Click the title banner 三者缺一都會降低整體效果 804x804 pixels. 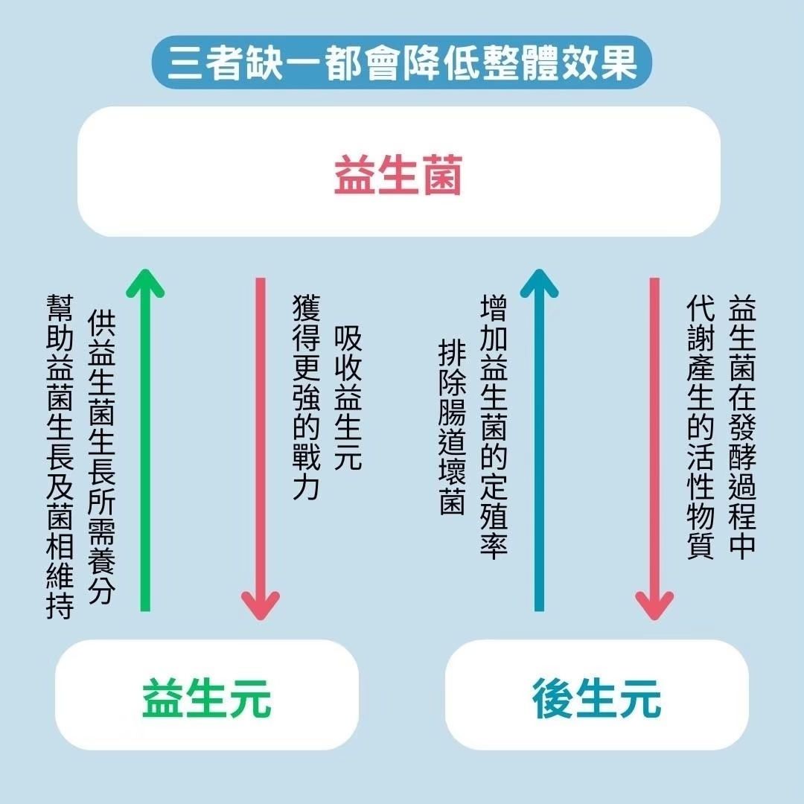click(x=402, y=63)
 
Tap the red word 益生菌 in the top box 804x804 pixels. click(x=398, y=176)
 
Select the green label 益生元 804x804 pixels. click(x=207, y=698)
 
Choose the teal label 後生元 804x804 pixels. click(x=596, y=698)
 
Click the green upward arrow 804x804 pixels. click(x=146, y=447)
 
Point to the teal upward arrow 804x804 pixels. click(x=539, y=447)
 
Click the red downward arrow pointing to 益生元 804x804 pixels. click(x=261, y=447)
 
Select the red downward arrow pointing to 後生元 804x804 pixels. click(x=654, y=447)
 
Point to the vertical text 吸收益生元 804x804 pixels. click(x=348, y=398)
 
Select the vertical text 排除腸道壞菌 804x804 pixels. click(x=451, y=427)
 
